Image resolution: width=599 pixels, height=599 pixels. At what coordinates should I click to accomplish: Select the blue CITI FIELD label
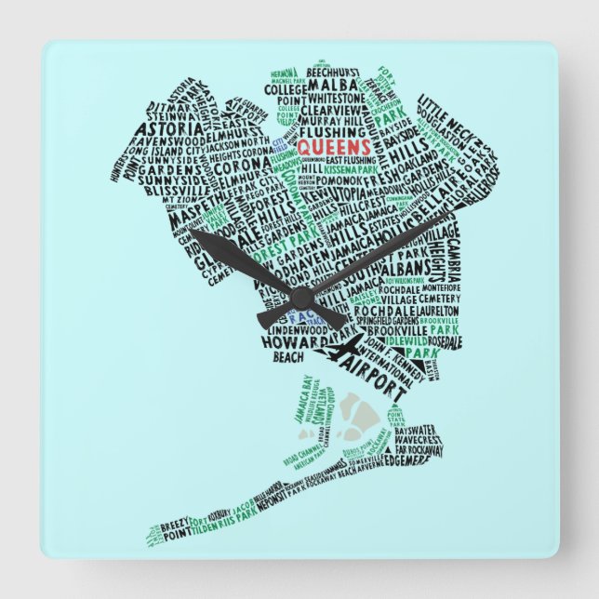pos(277,140)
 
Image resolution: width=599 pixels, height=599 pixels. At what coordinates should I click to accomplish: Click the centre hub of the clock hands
pos(299,297)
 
